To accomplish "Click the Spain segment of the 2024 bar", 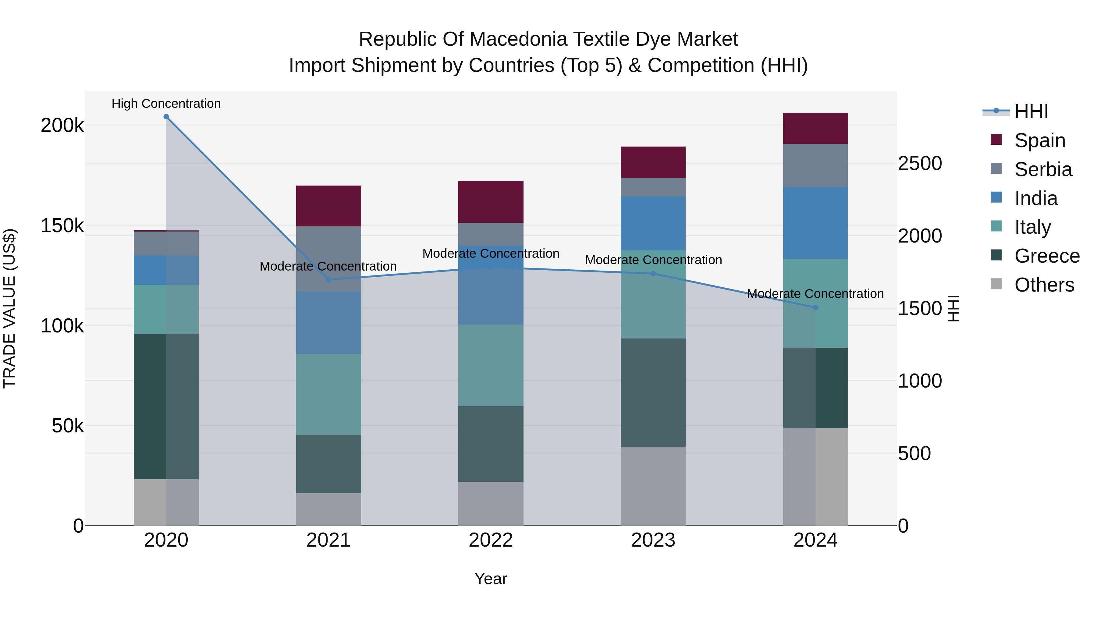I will (815, 128).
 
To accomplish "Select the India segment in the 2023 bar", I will (653, 223).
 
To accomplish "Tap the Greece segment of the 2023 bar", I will (653, 392).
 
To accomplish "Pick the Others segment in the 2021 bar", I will (328, 509).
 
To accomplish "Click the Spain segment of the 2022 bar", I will (491, 201).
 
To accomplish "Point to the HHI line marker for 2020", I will (166, 117).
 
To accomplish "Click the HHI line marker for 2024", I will (815, 307).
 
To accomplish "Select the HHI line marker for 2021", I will (328, 280).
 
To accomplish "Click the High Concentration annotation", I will (166, 104).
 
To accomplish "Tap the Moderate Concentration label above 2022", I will (491, 254).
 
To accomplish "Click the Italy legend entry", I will (1032, 227).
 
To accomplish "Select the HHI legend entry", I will (1031, 112).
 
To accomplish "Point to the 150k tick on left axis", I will (62, 226).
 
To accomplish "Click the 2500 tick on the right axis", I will (920, 164).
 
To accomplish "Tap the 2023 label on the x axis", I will (653, 540).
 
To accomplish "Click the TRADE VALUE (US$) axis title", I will (9, 308).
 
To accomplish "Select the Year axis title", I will (491, 579).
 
